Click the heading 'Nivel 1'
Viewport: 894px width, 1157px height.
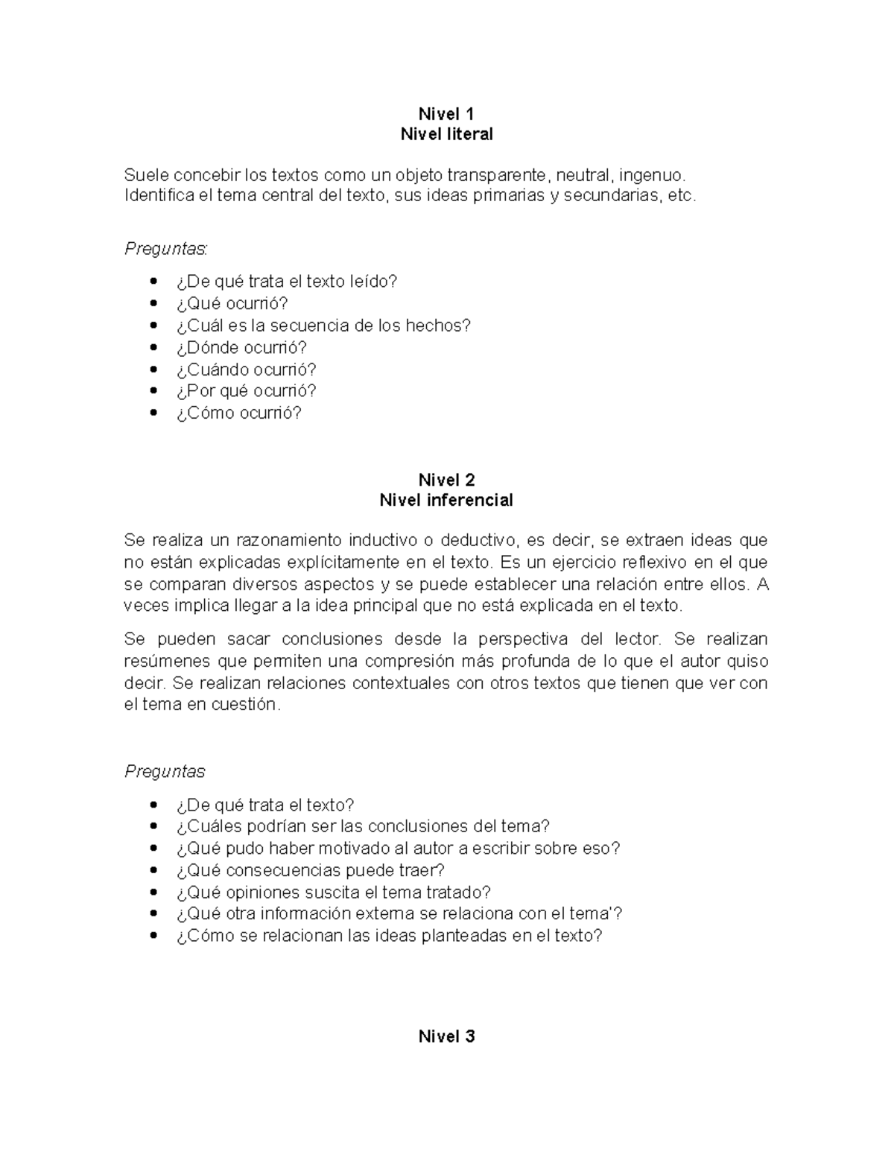coord(446,114)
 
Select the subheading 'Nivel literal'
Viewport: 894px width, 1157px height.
coord(446,134)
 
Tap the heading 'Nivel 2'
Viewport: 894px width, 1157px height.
coord(446,480)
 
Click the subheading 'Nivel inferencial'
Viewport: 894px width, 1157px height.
coord(446,500)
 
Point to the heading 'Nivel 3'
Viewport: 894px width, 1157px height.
coord(446,1036)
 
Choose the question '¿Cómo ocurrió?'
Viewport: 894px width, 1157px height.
coord(238,413)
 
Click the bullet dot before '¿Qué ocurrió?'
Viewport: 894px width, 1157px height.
coord(154,304)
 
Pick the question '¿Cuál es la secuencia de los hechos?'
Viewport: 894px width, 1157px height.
coord(323,326)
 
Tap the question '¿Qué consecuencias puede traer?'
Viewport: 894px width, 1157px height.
coord(310,870)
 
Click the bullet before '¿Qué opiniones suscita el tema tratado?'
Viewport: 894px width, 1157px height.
coord(154,893)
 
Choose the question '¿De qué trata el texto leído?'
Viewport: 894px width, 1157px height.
coord(287,282)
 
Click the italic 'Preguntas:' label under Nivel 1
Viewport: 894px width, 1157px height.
coord(166,249)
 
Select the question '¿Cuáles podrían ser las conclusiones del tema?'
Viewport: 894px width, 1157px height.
coord(363,826)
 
